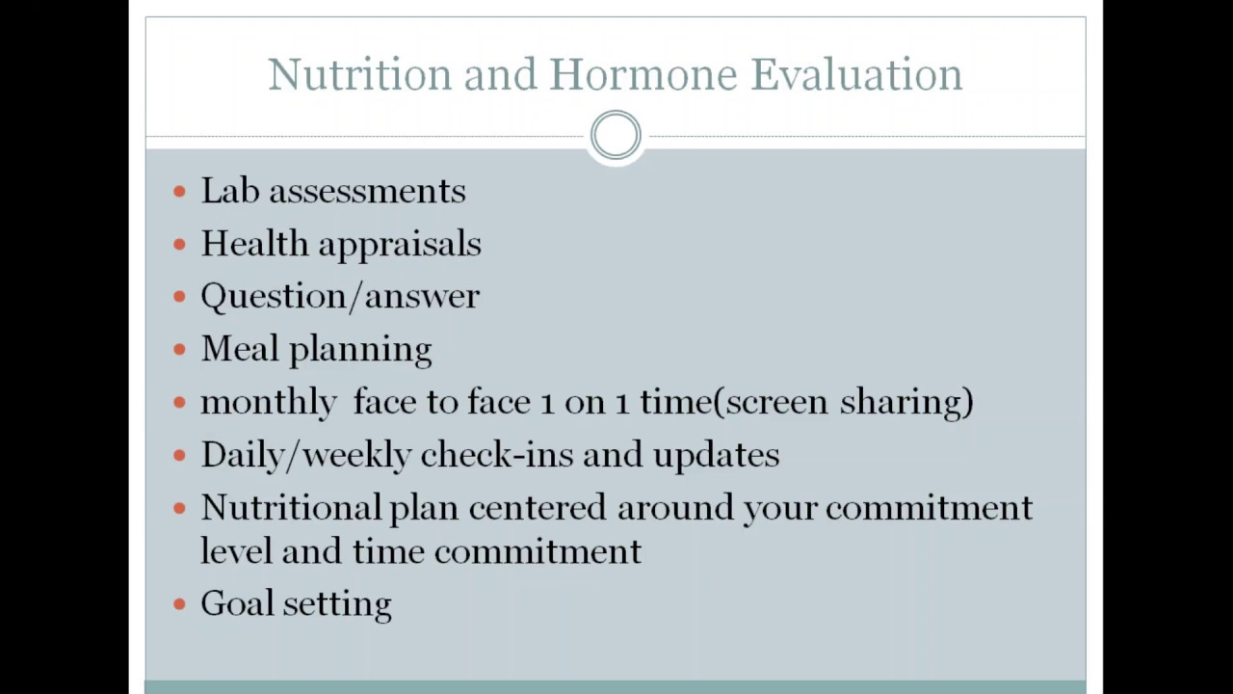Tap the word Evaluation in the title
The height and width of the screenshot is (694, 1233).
pyautogui.click(x=856, y=74)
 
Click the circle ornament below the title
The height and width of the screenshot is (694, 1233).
pyautogui.click(x=616, y=136)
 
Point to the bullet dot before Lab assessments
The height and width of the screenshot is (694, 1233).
pyautogui.click(x=179, y=192)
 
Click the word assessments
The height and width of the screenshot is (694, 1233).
pyautogui.click(x=367, y=191)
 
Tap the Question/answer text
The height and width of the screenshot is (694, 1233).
pyautogui.click(x=340, y=297)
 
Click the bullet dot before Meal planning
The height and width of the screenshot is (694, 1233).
pyautogui.click(x=179, y=350)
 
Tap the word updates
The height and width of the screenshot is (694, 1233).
pyautogui.click(x=717, y=455)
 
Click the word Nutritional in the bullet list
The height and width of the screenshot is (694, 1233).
pyautogui.click(x=291, y=507)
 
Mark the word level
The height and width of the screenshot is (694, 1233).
pyautogui.click(x=236, y=551)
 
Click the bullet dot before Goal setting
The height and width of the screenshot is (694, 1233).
pyautogui.click(x=179, y=604)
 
